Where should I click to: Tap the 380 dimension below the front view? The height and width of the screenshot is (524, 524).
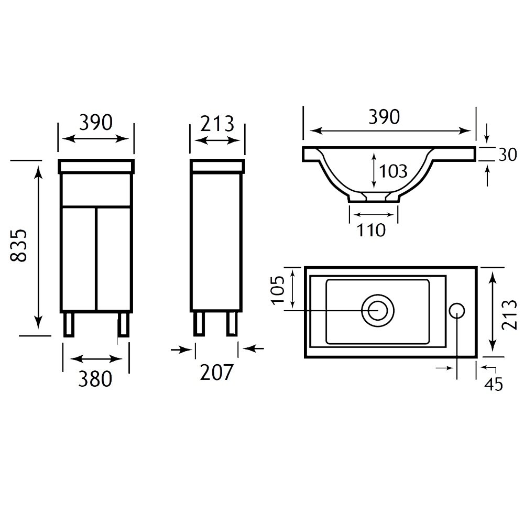pos(95,379)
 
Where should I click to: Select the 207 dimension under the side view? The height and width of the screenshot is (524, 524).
pos(216,372)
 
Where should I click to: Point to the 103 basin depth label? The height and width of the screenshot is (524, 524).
pos(394,171)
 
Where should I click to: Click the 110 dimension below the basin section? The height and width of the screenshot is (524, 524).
pos(371,230)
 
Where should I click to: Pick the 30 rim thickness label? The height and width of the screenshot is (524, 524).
pos(508,155)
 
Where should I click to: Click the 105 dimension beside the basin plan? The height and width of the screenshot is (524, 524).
pos(278,290)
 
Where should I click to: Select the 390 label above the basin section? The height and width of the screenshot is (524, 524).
pos(384,117)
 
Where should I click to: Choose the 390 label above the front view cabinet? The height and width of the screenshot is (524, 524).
pos(96,122)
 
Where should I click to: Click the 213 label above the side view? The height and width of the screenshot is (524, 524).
pos(217,124)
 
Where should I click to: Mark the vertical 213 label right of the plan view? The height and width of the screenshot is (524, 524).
pos(510,315)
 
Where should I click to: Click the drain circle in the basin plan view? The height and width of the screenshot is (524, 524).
pos(378,311)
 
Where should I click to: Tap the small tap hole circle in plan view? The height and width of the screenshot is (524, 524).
pos(456,311)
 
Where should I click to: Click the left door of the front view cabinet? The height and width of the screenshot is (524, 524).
pos(79,259)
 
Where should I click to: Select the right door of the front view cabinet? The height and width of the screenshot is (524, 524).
pos(114,259)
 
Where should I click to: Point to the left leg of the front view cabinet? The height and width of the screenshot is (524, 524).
pos(69,324)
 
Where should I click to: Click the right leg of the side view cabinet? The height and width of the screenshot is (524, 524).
pos(232,323)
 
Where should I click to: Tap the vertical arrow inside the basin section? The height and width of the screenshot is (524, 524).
pos(374,170)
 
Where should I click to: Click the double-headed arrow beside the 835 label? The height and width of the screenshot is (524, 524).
pos(39,247)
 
